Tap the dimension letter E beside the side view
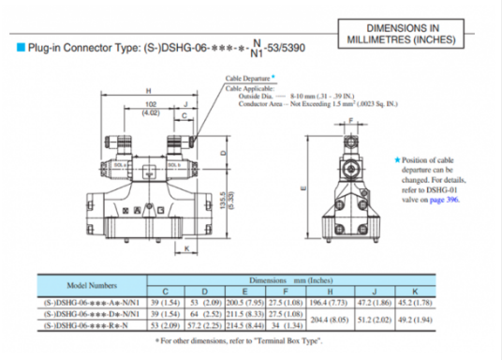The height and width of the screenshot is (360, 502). tap(302, 187)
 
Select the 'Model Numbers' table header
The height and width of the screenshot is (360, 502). tap(92, 284)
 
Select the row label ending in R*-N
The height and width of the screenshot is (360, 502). tap(92, 324)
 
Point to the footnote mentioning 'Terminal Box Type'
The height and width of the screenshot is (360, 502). tap(250, 340)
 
